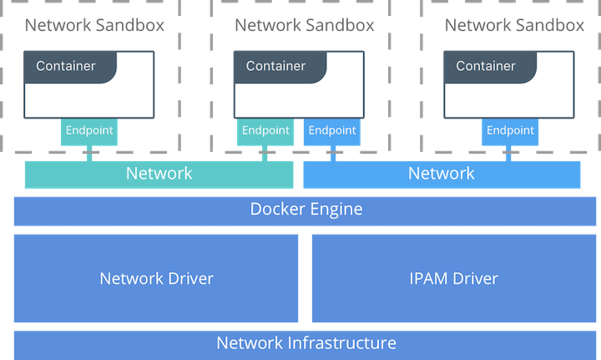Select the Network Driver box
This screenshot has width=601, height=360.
156,278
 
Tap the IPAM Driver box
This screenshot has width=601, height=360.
454,278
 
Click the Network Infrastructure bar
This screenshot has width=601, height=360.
305,345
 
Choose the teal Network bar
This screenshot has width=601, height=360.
159,175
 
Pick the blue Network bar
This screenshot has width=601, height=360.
442,175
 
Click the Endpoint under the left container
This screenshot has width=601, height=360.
89,131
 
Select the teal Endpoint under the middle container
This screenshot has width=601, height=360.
265,131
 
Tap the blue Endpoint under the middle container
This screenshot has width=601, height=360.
332,131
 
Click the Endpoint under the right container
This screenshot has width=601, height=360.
510,131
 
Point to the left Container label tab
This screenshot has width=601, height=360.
70,67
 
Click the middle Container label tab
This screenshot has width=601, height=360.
280,67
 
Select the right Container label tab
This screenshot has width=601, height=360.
490,67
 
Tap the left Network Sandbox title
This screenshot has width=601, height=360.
94,25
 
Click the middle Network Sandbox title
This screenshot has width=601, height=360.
305,25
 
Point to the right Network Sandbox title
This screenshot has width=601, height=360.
514,25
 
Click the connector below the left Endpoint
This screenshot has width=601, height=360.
89,154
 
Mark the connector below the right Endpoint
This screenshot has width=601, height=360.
508,154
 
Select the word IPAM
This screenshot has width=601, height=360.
428,278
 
